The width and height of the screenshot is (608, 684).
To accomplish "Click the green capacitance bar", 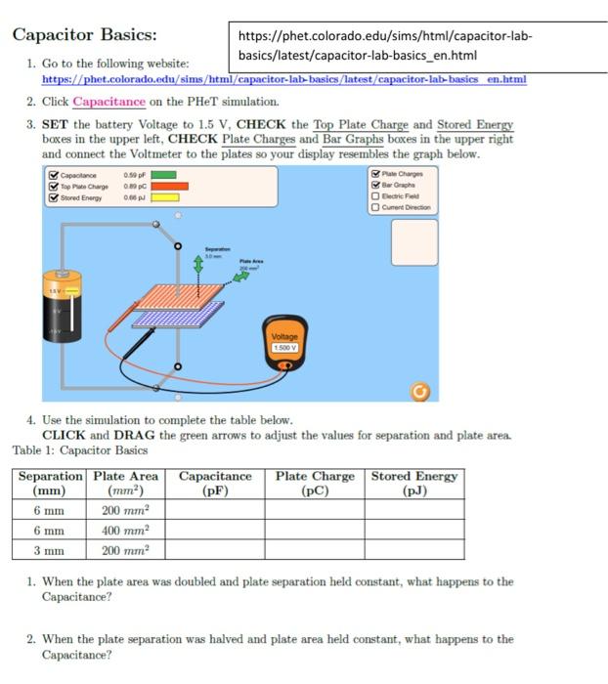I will coord(163,175).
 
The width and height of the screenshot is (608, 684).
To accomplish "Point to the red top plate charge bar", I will coord(169,186).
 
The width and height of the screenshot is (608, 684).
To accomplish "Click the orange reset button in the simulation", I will coord(420,391).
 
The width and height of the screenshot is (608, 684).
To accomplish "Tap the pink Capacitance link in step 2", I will coord(109,102).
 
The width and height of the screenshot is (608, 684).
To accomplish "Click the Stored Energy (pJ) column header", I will coord(413,484).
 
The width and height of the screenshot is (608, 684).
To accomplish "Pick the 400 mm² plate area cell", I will coord(125,529).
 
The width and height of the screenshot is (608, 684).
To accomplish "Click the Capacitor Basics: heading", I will coord(84,35).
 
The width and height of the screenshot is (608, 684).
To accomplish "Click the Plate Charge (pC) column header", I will coord(315,484).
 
